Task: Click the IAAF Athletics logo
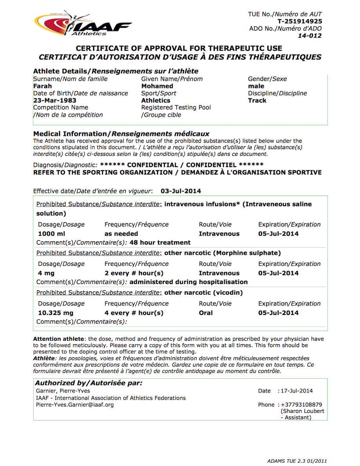pos(83,25)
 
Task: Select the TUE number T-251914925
pos(300,22)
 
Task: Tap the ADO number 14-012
pos(310,36)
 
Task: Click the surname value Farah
pos(42,86)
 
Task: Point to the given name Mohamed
pos(157,86)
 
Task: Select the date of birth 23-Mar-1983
pos(55,101)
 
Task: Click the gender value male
pos(256,86)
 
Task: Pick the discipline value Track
pos(257,101)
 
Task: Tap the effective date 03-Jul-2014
pos(181,191)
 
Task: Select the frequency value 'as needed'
pos(121,234)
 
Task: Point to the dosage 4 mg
pos(46,273)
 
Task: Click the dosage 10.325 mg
pos(56,313)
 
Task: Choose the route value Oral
pos(206,313)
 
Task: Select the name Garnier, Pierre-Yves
pos(63,391)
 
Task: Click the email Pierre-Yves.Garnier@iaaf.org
pos(75,405)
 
